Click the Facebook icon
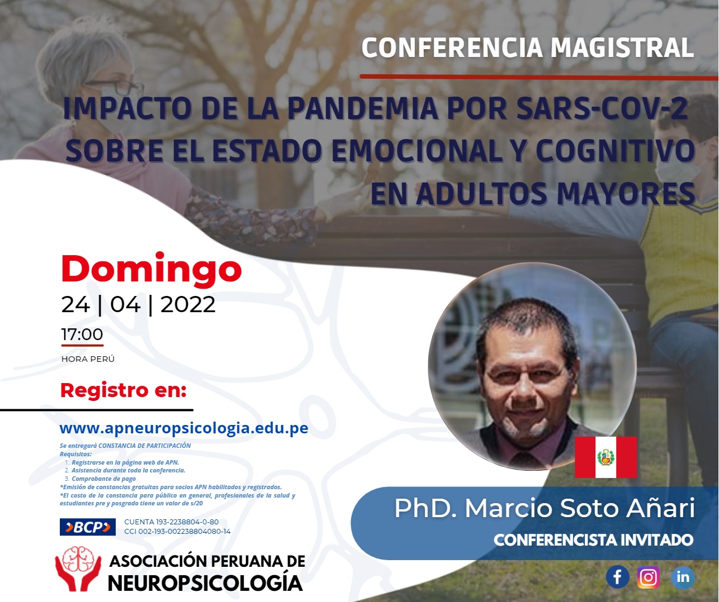(617, 577)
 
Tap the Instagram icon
(649, 577)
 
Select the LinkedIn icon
(683, 577)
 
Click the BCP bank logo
(87, 527)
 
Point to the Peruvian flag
(606, 457)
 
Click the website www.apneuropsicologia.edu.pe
(184, 428)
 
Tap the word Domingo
(152, 269)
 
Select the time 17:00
(82, 334)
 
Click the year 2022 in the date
(188, 304)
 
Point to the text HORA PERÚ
(88, 359)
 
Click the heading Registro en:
(123, 390)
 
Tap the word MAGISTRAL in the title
(622, 47)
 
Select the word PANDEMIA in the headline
(363, 108)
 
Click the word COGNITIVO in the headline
(616, 150)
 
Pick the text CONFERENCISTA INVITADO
(593, 540)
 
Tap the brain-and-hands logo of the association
(78, 569)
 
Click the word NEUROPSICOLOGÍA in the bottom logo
(206, 583)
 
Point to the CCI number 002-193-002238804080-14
(177, 532)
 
